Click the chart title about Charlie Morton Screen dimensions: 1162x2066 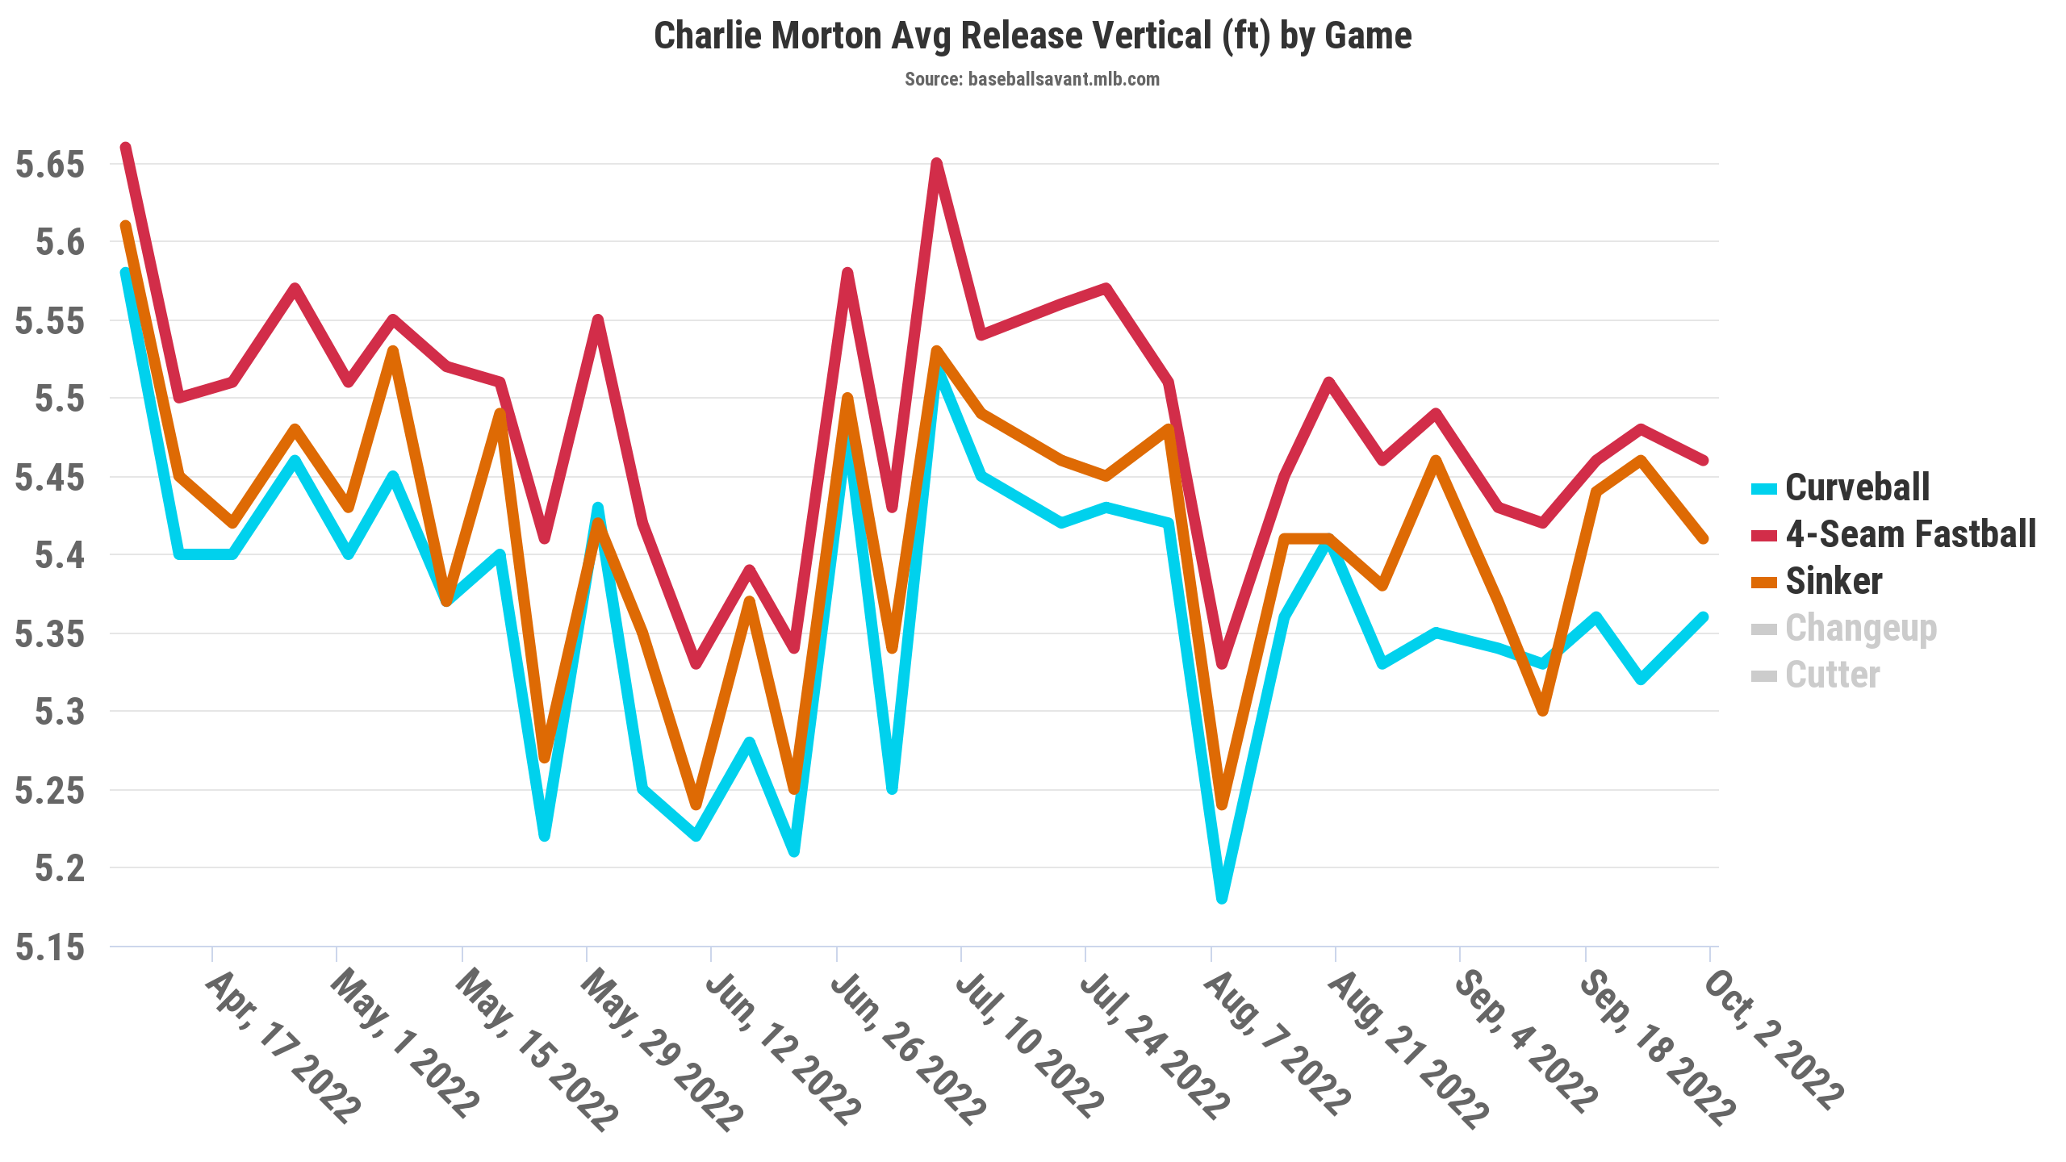click(x=1032, y=36)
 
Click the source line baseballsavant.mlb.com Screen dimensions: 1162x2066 click(x=1032, y=79)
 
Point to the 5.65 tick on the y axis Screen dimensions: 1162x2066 click(x=50, y=165)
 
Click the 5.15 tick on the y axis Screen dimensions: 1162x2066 click(x=50, y=947)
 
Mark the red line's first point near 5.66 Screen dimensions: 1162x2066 click(x=126, y=148)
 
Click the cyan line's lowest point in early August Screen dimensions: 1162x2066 click(x=1222, y=898)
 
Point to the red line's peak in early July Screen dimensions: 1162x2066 click(x=936, y=163)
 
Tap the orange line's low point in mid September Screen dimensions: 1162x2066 click(x=1542, y=711)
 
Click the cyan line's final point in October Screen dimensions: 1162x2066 click(x=1704, y=617)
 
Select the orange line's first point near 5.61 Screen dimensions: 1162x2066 click(x=126, y=226)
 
